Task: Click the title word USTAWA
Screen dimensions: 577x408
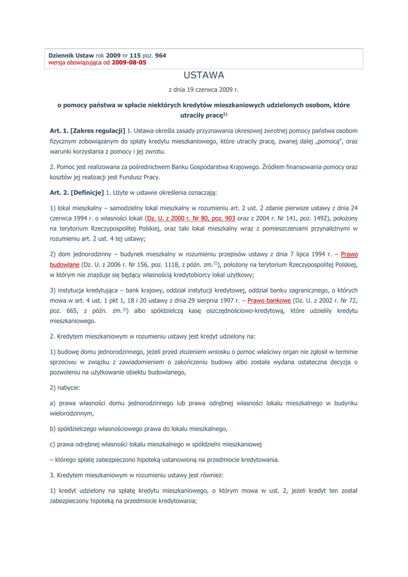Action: pyautogui.click(x=204, y=75)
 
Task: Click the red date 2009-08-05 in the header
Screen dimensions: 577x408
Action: pyautogui.click(x=129, y=63)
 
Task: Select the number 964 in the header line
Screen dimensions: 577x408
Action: pyautogui.click(x=160, y=55)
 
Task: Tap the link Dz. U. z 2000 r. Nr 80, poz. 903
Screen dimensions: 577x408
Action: pyautogui.click(x=191, y=218)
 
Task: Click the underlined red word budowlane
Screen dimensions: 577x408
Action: pyautogui.click(x=64, y=264)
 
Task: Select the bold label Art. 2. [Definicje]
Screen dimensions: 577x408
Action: pyautogui.click(x=77, y=193)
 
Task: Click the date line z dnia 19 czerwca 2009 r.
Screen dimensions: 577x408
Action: pyautogui.click(x=204, y=90)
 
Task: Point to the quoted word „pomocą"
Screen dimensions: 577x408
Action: pyautogui.click(x=326, y=141)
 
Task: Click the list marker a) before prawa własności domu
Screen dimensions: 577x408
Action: pyautogui.click(x=53, y=403)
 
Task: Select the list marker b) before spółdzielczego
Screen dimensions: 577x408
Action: pyautogui.click(x=53, y=429)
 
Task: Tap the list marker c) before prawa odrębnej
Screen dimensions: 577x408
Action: pyautogui.click(x=53, y=444)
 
